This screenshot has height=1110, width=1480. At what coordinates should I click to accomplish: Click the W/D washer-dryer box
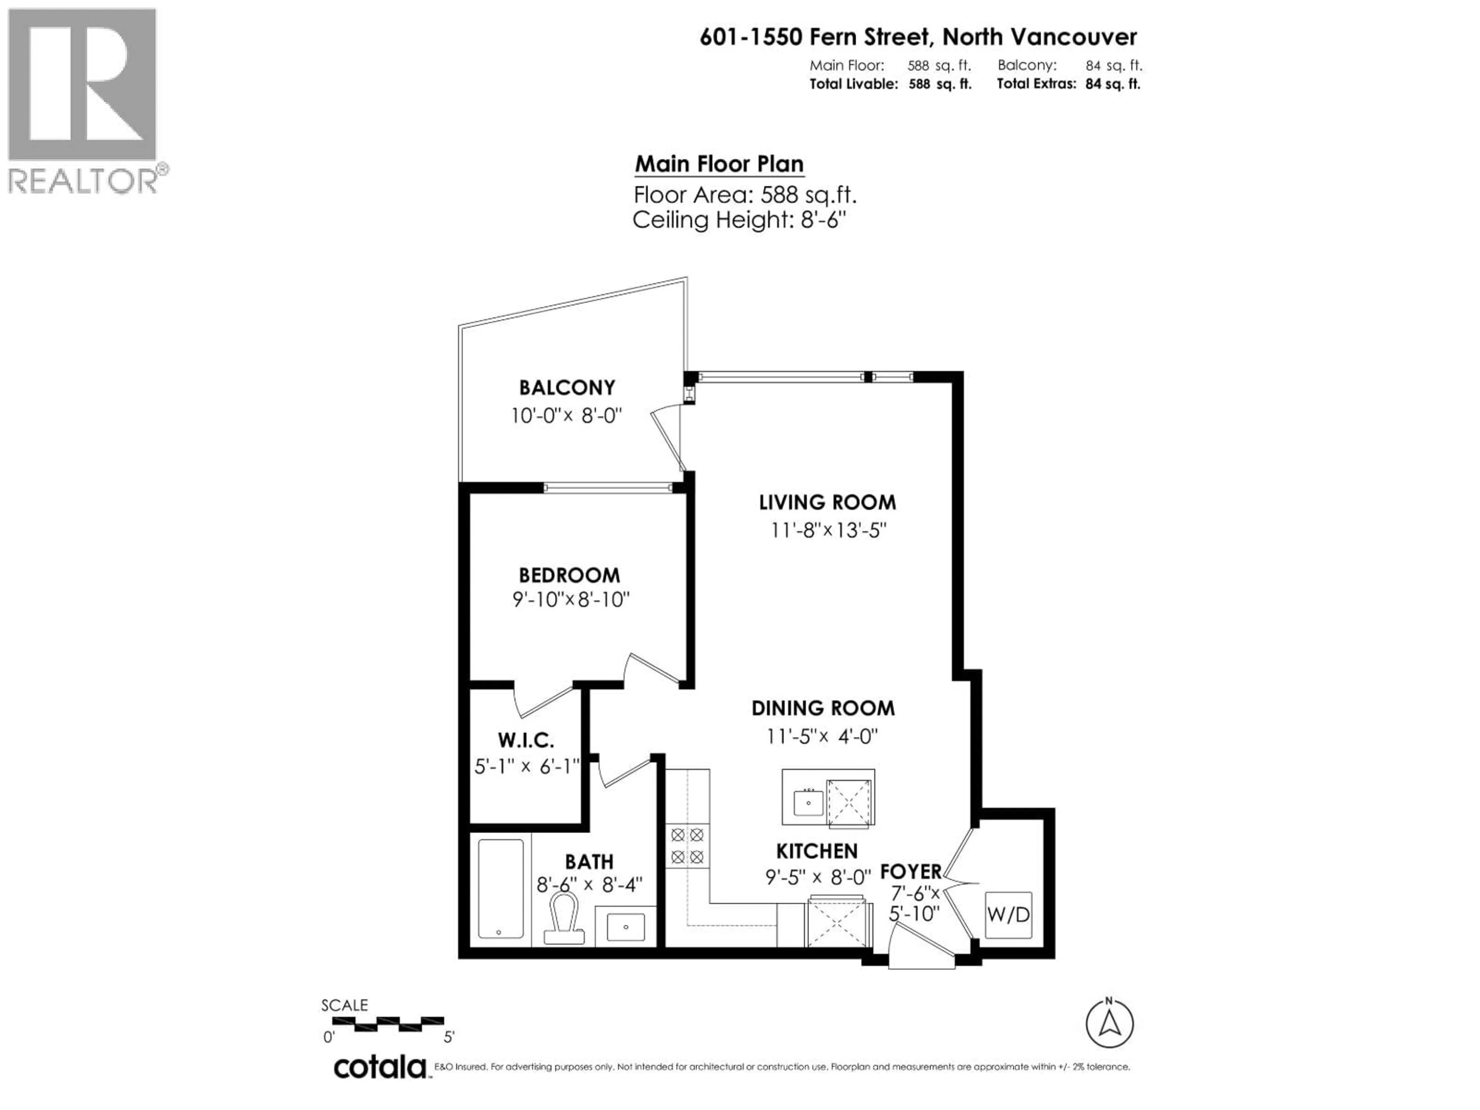click(1008, 915)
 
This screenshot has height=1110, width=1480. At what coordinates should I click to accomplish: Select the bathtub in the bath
click(501, 888)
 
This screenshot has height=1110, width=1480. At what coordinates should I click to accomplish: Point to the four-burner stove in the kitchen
click(687, 846)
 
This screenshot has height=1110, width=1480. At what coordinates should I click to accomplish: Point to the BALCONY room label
click(567, 387)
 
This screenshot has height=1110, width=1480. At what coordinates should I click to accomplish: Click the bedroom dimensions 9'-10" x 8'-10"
click(571, 599)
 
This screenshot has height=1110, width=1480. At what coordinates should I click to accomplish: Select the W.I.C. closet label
click(525, 741)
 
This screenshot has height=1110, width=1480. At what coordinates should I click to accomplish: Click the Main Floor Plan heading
click(719, 164)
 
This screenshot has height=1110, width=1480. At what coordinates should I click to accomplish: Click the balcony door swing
click(669, 438)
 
